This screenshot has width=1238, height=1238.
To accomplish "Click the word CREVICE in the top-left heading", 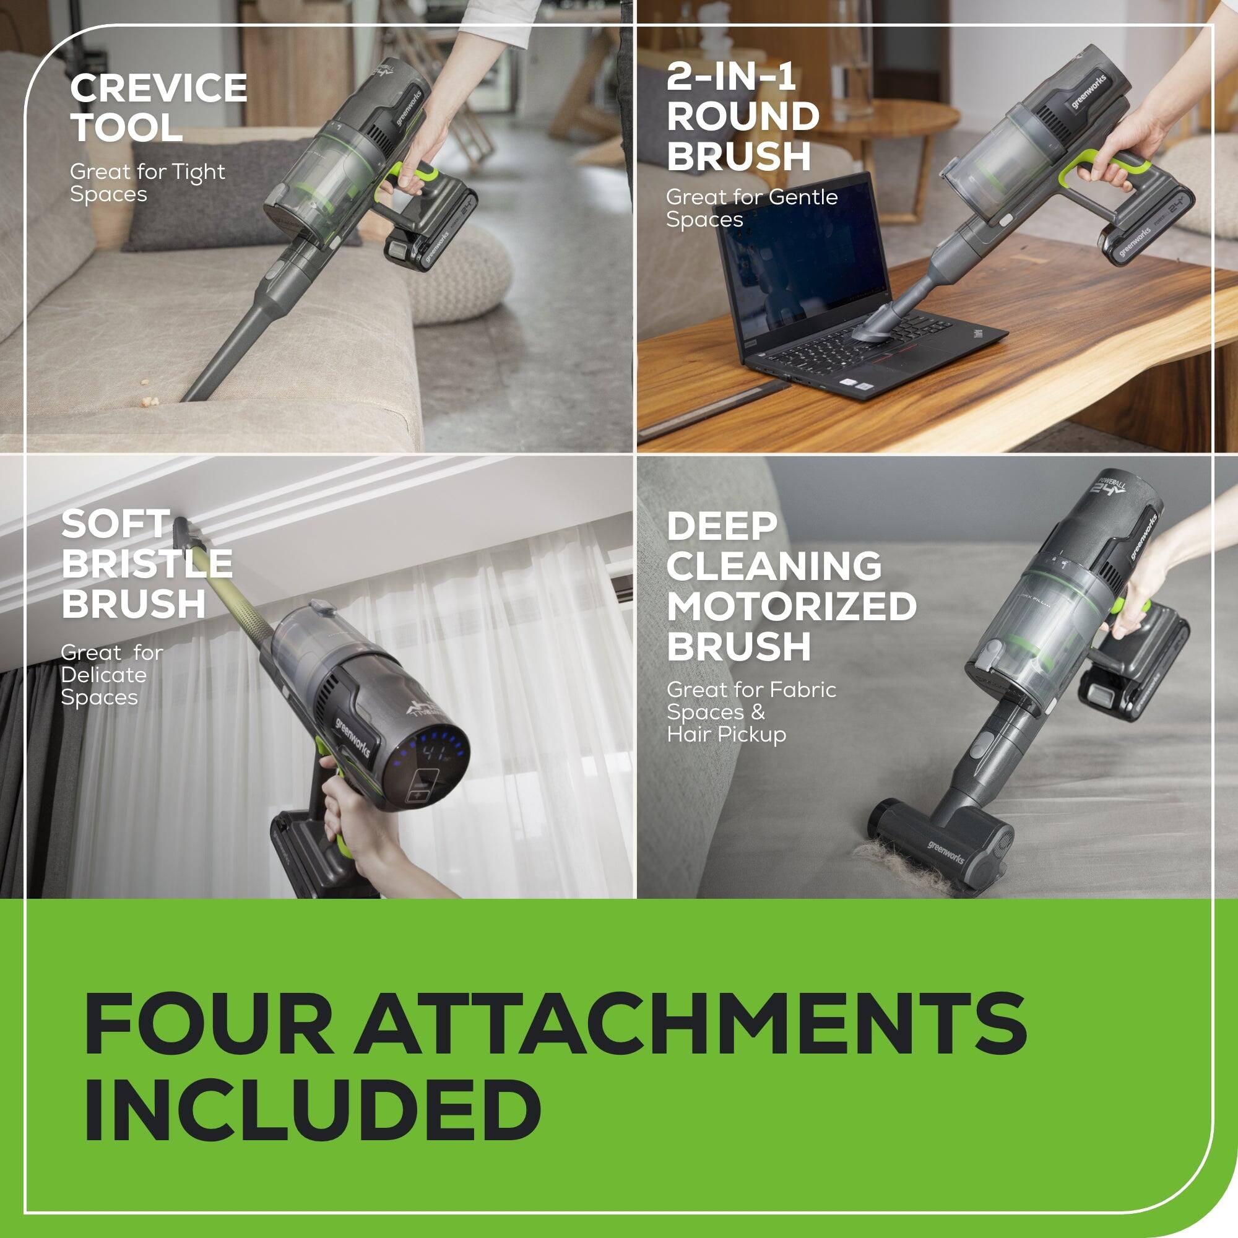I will point(158,89).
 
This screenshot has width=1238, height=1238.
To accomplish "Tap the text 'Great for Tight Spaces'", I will point(147,183).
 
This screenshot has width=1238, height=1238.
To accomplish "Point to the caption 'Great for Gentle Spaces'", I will point(751,207).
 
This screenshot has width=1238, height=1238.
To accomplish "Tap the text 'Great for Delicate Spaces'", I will point(111,675).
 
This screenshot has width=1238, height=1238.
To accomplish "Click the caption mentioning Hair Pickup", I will point(751,712).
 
